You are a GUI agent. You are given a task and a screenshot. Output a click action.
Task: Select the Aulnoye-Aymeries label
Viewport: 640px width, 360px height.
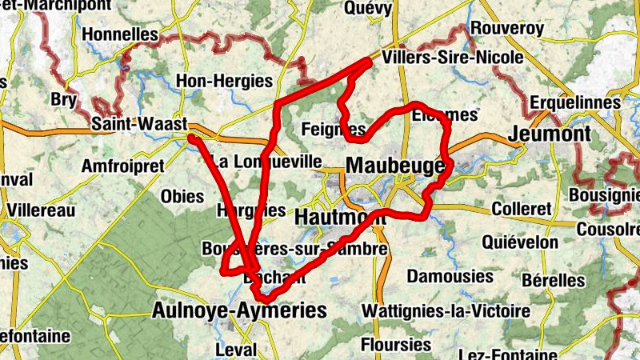click(239, 310)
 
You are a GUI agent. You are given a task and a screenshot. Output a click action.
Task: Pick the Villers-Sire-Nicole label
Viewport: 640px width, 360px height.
click(453, 58)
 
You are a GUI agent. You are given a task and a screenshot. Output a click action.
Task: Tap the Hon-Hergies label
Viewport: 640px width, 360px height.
click(224, 81)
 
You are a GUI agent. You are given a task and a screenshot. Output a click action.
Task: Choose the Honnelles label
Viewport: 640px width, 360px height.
click(120, 34)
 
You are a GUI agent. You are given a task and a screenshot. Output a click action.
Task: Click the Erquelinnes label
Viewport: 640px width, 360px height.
click(575, 103)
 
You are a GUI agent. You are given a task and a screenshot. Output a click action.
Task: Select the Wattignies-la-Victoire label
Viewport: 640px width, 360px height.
click(446, 310)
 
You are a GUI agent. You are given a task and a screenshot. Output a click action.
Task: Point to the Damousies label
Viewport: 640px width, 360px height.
click(450, 276)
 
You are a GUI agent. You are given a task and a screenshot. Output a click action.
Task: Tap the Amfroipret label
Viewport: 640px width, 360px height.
click(122, 166)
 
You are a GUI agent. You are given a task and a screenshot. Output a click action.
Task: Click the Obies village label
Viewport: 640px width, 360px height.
click(183, 196)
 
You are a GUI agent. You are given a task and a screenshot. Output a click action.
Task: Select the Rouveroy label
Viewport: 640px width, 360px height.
click(507, 28)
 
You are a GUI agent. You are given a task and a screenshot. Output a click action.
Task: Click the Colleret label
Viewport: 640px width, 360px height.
click(522, 209)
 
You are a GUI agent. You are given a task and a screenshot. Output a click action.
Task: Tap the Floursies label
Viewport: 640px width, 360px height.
click(397, 345)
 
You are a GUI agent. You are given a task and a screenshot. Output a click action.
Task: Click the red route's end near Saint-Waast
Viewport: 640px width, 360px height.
click(192, 138)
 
